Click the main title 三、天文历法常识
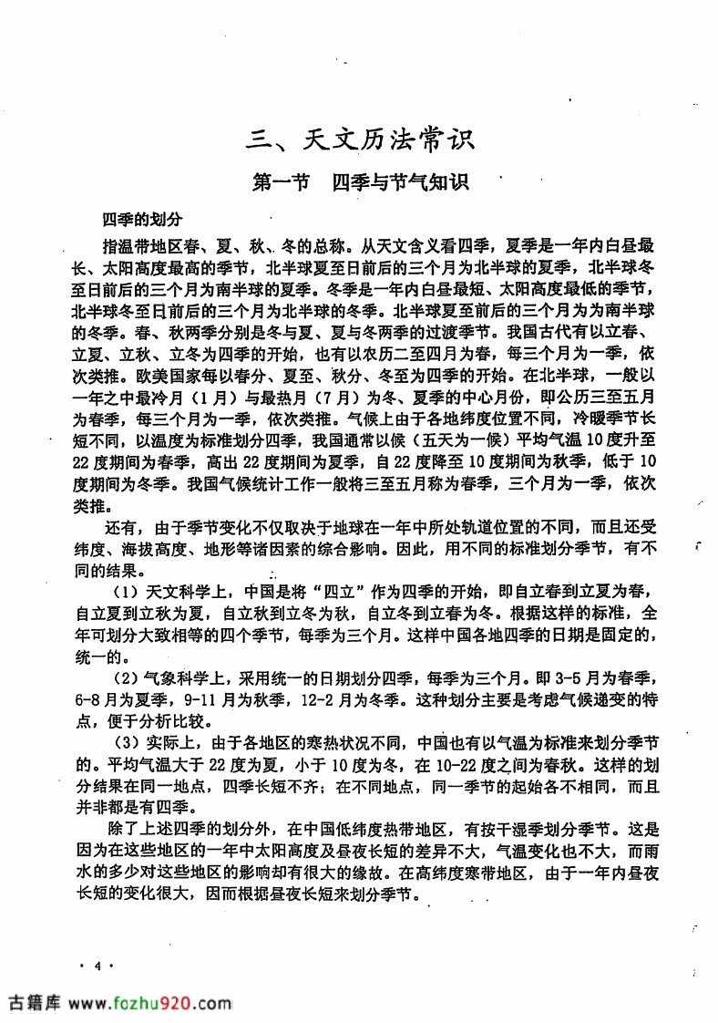(x=362, y=141)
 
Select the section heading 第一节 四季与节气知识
(x=361, y=182)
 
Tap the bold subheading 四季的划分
(x=143, y=220)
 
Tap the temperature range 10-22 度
(x=478, y=762)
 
